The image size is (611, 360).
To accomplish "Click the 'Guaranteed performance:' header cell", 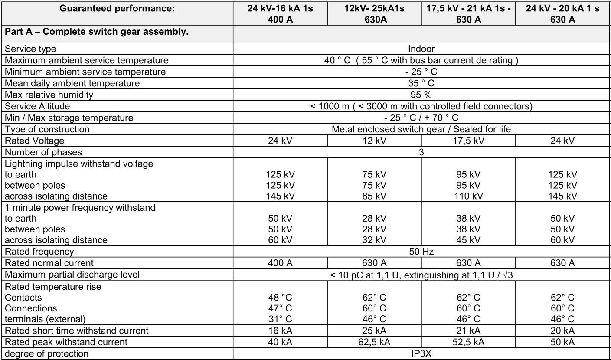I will [117, 9].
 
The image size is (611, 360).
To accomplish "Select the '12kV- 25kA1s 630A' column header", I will [374, 14].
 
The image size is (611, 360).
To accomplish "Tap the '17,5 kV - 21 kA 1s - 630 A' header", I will [468, 14].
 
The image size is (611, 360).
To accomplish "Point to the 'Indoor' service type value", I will [421, 49].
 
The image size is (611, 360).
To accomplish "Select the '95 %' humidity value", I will [421, 95].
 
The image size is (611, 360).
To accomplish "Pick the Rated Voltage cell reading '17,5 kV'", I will [468, 141].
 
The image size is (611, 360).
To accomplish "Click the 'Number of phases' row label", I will [43, 152].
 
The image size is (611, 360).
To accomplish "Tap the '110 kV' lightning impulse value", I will [468, 196].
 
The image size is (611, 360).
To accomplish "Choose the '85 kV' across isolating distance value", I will [374, 196].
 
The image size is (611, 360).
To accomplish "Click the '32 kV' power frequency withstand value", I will [374, 240].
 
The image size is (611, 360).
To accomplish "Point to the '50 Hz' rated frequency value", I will [421, 252].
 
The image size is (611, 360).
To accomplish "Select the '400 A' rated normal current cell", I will [280, 263].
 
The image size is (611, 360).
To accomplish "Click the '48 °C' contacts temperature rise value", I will [280, 298].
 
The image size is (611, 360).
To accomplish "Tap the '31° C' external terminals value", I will [280, 319].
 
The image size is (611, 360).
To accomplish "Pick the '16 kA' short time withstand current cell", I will [280, 331].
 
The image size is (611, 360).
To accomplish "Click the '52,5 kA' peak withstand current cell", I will [468, 342].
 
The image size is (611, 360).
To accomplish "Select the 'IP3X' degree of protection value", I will [421, 353].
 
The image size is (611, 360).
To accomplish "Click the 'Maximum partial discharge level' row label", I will [72, 275].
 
